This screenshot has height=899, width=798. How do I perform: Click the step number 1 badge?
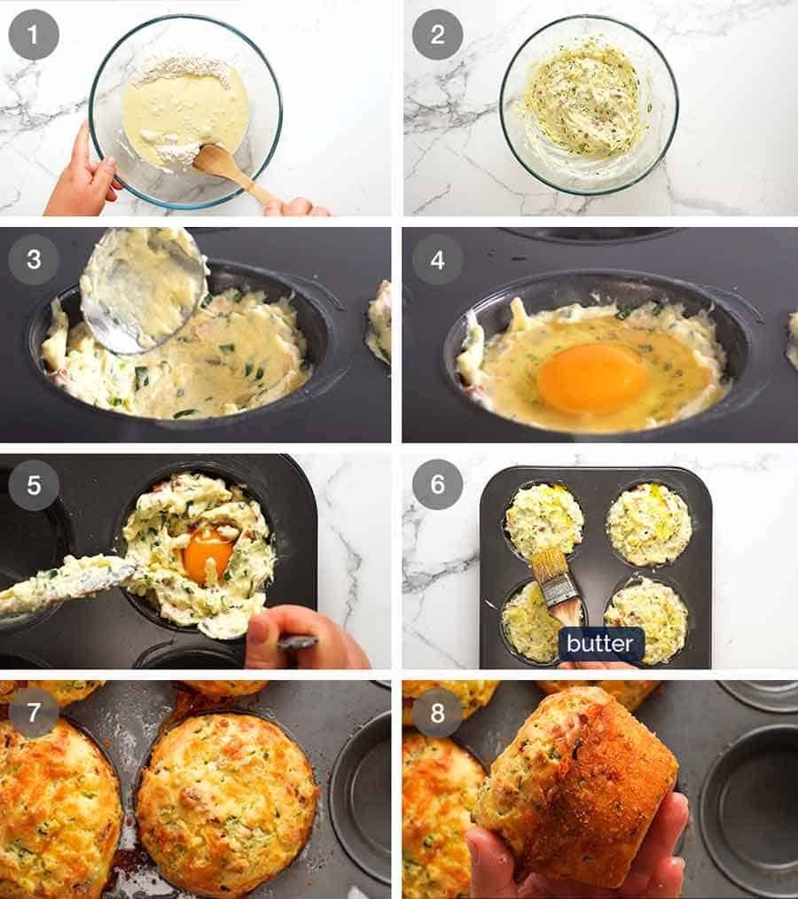point(34,35)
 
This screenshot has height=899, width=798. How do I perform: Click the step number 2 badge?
point(437,35)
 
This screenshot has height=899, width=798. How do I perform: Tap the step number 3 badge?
point(34,259)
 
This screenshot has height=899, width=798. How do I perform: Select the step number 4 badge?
point(437,259)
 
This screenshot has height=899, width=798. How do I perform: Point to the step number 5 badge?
point(34,485)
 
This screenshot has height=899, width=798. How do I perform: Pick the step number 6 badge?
point(437,485)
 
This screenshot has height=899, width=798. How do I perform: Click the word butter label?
point(600,644)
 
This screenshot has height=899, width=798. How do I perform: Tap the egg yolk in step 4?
point(592,378)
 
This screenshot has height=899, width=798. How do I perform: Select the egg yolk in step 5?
point(207,553)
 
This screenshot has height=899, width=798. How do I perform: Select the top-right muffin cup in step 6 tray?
point(649,524)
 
